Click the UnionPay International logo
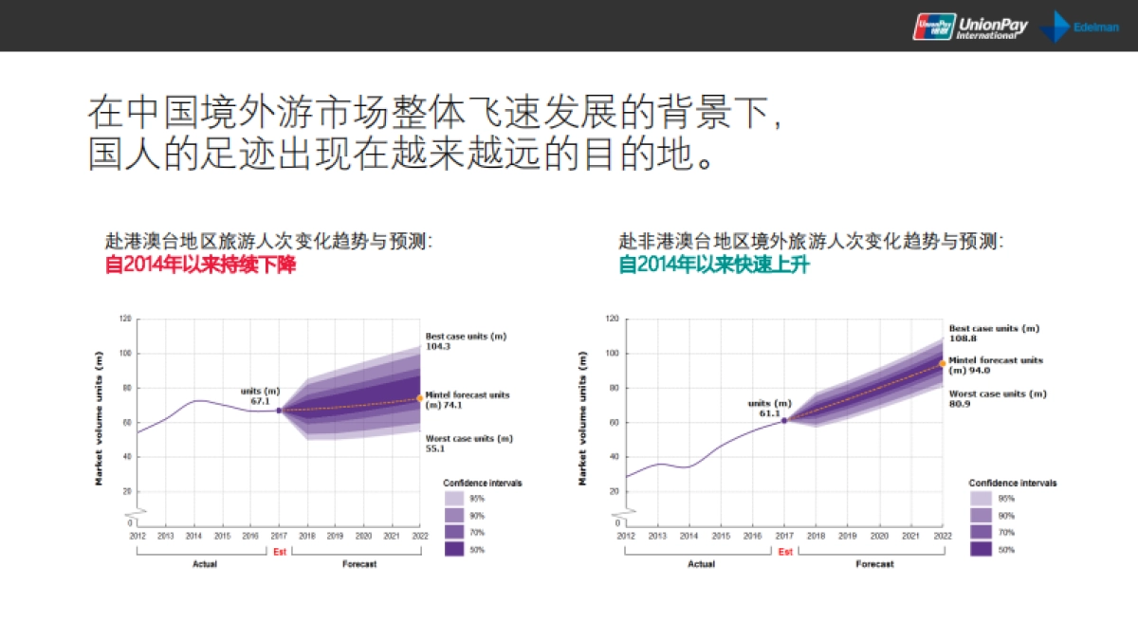point(969,26)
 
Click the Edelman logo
point(1081,27)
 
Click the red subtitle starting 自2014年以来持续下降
point(200,265)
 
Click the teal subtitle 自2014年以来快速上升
point(714,265)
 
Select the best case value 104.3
point(437,347)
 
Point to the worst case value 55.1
point(436,448)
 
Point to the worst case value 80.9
point(962,404)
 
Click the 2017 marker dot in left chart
point(279,411)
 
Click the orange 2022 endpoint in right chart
point(943,363)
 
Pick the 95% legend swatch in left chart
point(454,498)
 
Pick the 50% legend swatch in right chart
point(981,549)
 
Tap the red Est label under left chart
point(279,551)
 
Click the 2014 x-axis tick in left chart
point(193,536)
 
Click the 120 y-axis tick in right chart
point(613,320)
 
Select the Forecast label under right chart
point(874,564)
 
